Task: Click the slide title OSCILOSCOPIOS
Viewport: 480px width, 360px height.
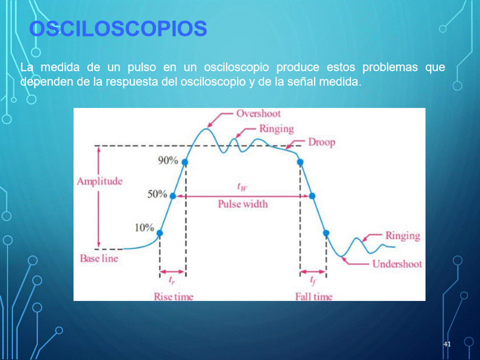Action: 118,29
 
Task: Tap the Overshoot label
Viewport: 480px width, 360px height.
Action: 258,113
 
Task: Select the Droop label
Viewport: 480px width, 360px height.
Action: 321,142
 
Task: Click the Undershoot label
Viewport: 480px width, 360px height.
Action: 397,264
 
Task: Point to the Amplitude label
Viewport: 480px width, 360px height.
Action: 100,181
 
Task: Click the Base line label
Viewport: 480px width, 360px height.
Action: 99,258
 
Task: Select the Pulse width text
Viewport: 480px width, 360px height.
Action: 243,204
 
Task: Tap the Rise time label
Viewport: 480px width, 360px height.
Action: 173,296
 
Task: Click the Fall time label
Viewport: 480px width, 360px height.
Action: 314,296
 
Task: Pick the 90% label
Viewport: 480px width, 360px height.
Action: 168,160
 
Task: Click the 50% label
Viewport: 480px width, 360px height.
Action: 157,194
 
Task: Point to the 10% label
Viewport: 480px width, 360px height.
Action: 144,228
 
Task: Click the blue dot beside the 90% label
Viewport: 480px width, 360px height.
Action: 185,162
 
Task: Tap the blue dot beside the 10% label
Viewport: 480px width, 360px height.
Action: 160,233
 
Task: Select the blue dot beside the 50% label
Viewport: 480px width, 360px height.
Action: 173,196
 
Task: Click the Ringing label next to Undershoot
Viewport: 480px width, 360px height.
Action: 403,236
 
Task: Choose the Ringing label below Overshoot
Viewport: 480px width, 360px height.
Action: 276,129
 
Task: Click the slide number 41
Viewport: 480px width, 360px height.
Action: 447,344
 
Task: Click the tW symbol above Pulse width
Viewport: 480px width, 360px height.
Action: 242,186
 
